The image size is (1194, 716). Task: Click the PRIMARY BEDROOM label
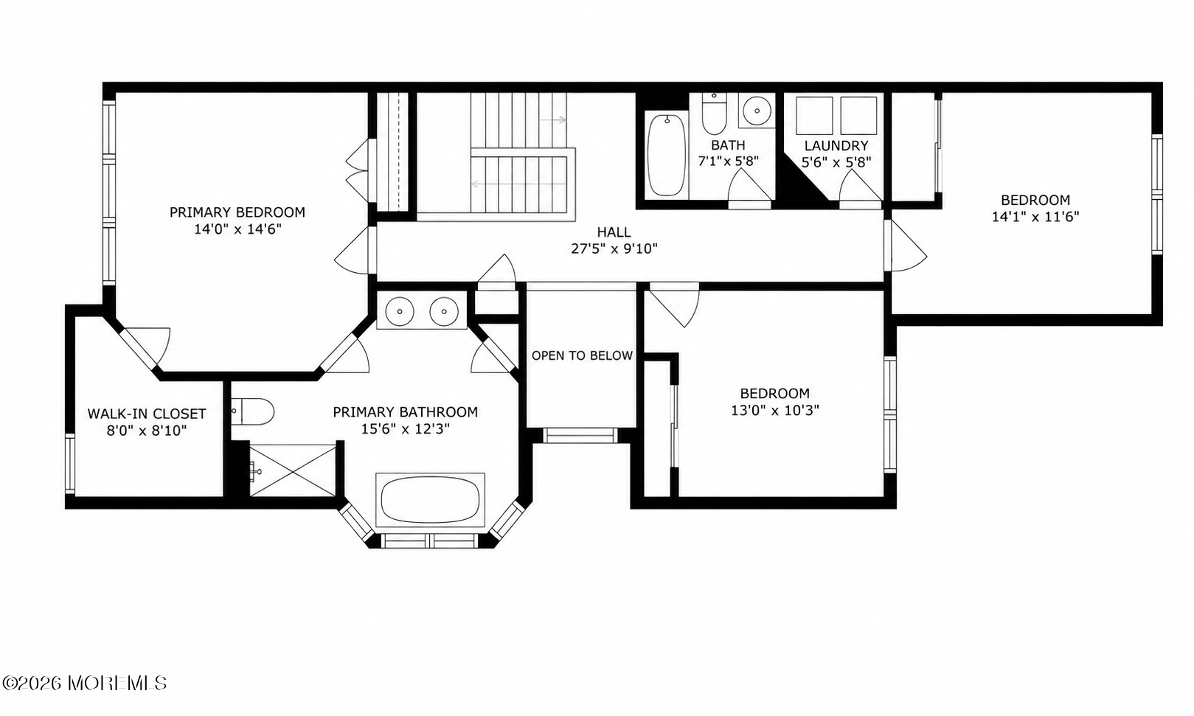[237, 212]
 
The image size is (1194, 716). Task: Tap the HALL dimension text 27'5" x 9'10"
[614, 249]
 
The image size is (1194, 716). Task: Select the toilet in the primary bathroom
[253, 411]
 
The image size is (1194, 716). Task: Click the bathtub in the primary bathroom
[430, 499]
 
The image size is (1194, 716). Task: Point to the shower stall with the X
[293, 470]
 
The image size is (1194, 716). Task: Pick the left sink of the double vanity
[399, 311]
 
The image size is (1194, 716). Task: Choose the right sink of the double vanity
[444, 311]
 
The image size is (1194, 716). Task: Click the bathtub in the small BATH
[666, 155]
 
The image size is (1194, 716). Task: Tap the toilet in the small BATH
[715, 114]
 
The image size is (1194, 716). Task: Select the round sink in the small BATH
[757, 111]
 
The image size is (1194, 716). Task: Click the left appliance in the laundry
[814, 116]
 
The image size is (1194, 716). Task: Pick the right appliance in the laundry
[858, 116]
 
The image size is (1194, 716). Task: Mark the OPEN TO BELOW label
[582, 355]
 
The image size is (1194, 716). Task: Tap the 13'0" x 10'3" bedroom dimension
[775, 411]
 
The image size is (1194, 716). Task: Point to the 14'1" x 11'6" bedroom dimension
[1035, 217]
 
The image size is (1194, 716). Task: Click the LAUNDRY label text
[836, 145]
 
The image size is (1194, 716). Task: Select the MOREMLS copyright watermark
[84, 683]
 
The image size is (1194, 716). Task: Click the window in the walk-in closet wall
[70, 463]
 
